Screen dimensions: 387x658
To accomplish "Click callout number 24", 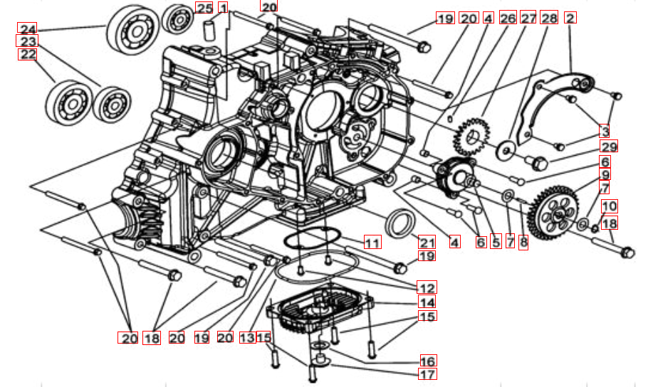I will click(27, 28).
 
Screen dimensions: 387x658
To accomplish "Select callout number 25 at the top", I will click(204, 9).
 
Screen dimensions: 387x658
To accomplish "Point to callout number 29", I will click(608, 147).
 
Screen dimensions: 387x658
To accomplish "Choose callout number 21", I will click(426, 240).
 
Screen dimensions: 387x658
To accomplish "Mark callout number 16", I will click(427, 361).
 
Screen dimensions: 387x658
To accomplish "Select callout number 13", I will click(247, 338).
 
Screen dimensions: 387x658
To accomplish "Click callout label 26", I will click(508, 18).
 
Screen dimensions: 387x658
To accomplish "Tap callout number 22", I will click(27, 55).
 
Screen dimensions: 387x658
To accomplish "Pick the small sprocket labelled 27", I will click(470, 136).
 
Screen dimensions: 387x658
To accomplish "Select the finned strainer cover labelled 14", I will click(320, 309).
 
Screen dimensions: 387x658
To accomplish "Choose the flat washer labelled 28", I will click(508, 149).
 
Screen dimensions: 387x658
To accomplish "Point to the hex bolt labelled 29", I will click(540, 163).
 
